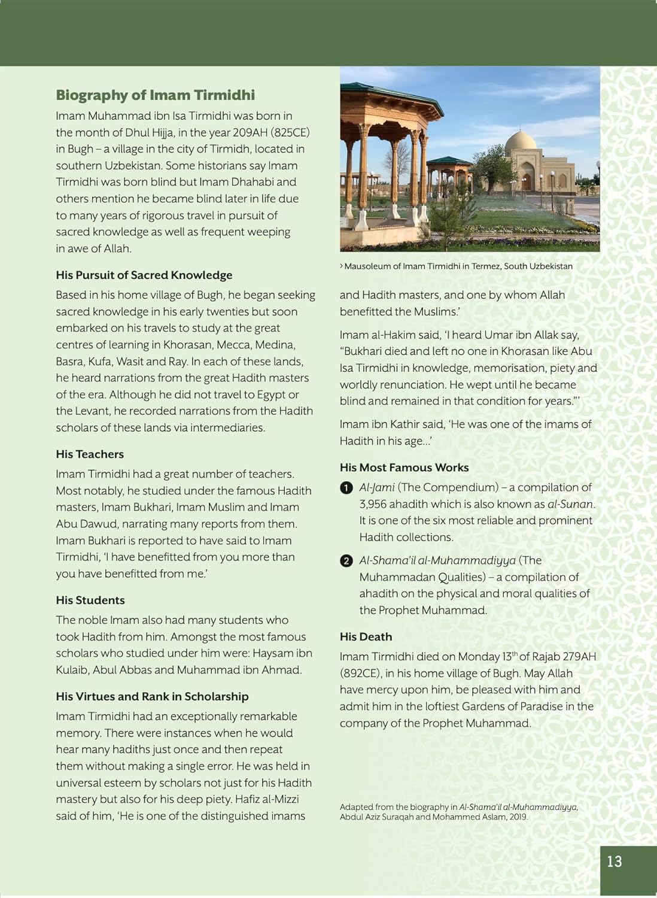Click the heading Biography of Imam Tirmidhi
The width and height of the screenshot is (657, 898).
pyautogui.click(x=155, y=95)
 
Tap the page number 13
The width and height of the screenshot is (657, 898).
pyautogui.click(x=615, y=861)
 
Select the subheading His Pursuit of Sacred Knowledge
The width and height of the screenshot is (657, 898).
pyautogui.click(x=144, y=275)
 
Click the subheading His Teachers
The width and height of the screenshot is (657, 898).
pyautogui.click(x=90, y=454)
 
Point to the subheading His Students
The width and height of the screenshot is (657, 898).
pyautogui.click(x=90, y=600)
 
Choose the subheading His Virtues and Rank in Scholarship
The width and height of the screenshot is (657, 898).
pyautogui.click(x=152, y=697)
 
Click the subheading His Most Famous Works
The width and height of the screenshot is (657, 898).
pyautogui.click(x=404, y=468)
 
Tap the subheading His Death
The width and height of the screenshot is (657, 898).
pyautogui.click(x=366, y=637)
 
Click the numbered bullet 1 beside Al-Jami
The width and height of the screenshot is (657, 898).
pyautogui.click(x=346, y=488)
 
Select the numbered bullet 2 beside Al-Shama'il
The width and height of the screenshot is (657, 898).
pyautogui.click(x=346, y=561)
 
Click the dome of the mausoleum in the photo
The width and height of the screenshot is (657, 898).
pyautogui.click(x=520, y=143)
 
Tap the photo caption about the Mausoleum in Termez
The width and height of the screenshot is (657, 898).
pyautogui.click(x=458, y=266)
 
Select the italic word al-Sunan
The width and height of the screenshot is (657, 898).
pyautogui.click(x=570, y=505)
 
